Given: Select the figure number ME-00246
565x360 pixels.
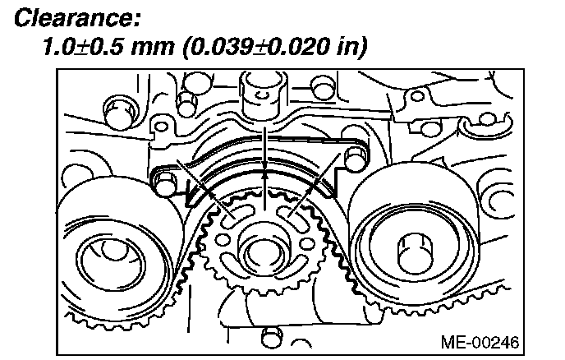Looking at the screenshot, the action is [x=480, y=339].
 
